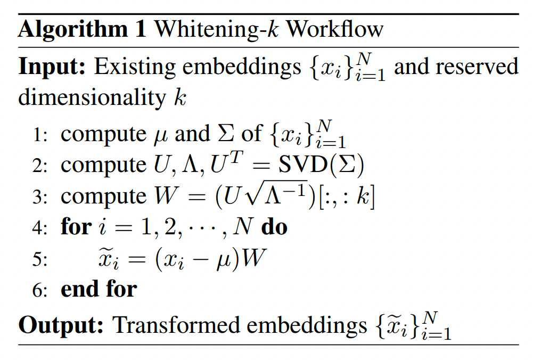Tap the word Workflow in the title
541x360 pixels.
click(x=335, y=29)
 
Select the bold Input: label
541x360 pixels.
click(x=52, y=66)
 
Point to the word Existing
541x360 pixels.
click(x=135, y=67)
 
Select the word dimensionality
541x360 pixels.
click(x=92, y=97)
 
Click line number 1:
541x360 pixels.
click(x=40, y=135)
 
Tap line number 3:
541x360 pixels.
click(x=40, y=197)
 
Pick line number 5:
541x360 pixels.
click(x=40, y=259)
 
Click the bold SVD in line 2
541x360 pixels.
click(x=302, y=165)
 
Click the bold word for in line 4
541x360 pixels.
click(x=76, y=227)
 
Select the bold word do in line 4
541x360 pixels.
click(x=274, y=227)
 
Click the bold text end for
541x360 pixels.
click(x=99, y=289)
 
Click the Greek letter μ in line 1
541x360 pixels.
click(x=160, y=136)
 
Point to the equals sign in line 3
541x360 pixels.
click(x=196, y=197)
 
